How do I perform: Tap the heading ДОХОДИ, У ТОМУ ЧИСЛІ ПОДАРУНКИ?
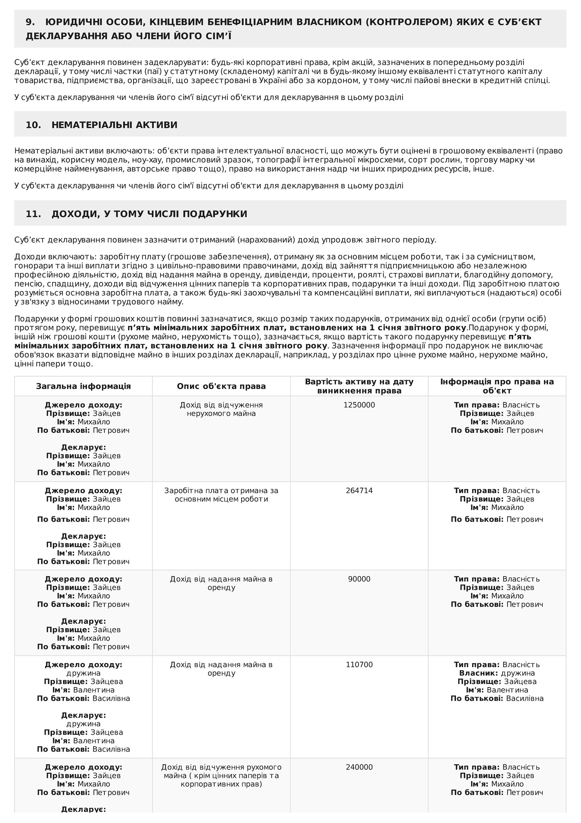click(149, 214)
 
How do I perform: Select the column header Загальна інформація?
click(83, 386)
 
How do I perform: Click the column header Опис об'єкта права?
click(221, 386)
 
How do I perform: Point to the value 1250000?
click(359, 405)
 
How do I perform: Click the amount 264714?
click(359, 491)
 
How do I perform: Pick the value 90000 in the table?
click(359, 579)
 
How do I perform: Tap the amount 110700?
click(359, 665)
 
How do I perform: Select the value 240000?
click(359, 767)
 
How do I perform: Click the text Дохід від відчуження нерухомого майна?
click(221, 409)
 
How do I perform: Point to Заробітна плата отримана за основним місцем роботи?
click(221, 495)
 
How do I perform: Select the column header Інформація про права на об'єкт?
click(497, 386)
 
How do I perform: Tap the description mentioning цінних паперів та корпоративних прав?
click(221, 776)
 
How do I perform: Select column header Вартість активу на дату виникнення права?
click(359, 386)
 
